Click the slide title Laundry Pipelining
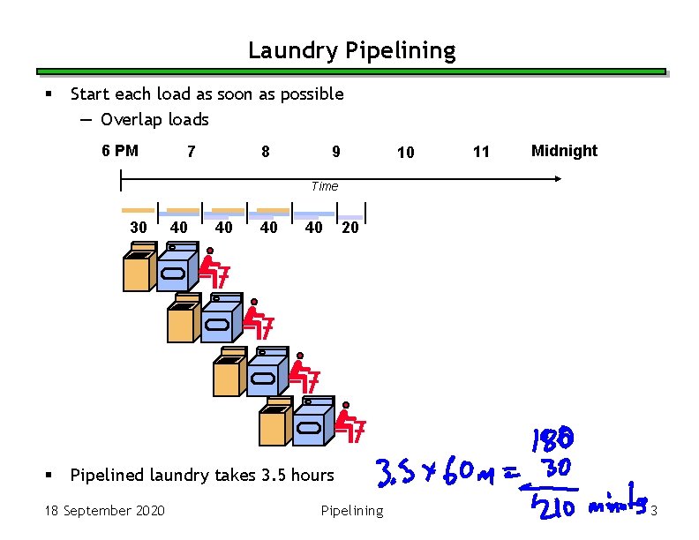point(351,51)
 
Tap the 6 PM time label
point(120,151)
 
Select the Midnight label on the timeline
point(564,151)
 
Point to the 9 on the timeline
point(335,152)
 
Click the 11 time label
point(481,153)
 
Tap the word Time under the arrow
point(324,186)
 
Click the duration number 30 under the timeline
point(139,227)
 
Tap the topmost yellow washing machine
point(138,269)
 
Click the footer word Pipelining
point(352,511)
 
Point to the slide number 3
point(654,511)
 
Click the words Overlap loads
point(154,119)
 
